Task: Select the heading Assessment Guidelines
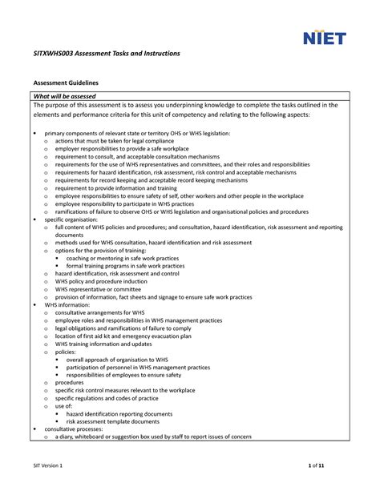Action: pyautogui.click(x=65, y=83)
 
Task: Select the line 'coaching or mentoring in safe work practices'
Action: pyautogui.click(x=122, y=258)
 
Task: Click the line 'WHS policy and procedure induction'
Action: pyautogui.click(x=101, y=281)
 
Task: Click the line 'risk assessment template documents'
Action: pyautogui.click(x=118, y=421)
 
